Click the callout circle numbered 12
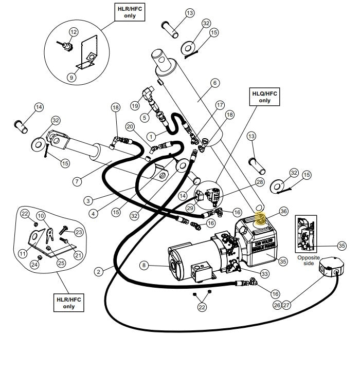click(x=73, y=32)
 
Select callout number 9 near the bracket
click(x=71, y=77)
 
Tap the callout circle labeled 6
click(x=214, y=83)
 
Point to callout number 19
click(x=136, y=105)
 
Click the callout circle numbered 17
click(x=220, y=105)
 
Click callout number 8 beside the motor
click(x=145, y=265)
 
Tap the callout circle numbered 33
click(x=264, y=274)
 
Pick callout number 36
click(x=283, y=211)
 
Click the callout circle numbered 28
click(x=259, y=182)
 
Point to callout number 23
click(x=79, y=232)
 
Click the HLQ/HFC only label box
click(x=264, y=97)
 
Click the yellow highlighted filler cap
click(x=261, y=219)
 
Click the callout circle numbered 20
click(x=130, y=126)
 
